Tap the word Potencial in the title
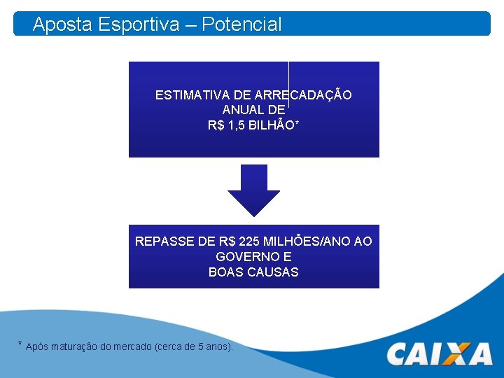242,25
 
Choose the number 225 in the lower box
248,241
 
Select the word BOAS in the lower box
224,272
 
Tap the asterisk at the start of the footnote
20,344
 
